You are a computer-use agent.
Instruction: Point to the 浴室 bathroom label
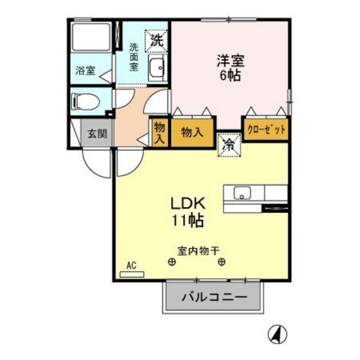86,71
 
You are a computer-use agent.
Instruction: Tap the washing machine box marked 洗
156,40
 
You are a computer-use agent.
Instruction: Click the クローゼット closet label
265,129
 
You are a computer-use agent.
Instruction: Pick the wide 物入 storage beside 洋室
192,132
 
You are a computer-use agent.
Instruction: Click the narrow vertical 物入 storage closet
159,133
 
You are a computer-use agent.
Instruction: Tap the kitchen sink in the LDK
242,192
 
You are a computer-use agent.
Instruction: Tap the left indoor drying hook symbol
172,262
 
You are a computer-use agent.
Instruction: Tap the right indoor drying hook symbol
221,262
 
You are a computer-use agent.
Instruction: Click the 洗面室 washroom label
134,57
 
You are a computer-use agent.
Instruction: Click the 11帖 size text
188,221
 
